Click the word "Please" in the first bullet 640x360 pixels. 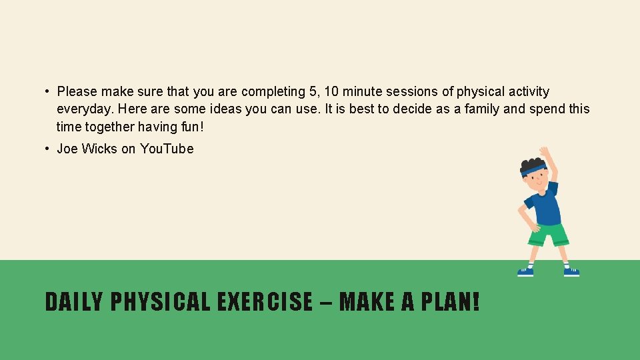pos(77,92)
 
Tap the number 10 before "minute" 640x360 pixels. pos(331,92)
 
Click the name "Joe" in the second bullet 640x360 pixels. pos(67,149)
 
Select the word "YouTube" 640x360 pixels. pos(167,149)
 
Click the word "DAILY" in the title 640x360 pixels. pos(73,302)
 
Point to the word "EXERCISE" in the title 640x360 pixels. pos(265,302)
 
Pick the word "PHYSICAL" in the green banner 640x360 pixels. pos(160,302)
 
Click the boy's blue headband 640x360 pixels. pos(533,170)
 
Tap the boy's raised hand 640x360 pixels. pos(545,152)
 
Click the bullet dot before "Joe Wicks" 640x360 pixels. pos(48,149)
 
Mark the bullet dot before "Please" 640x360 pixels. pos(48,92)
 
